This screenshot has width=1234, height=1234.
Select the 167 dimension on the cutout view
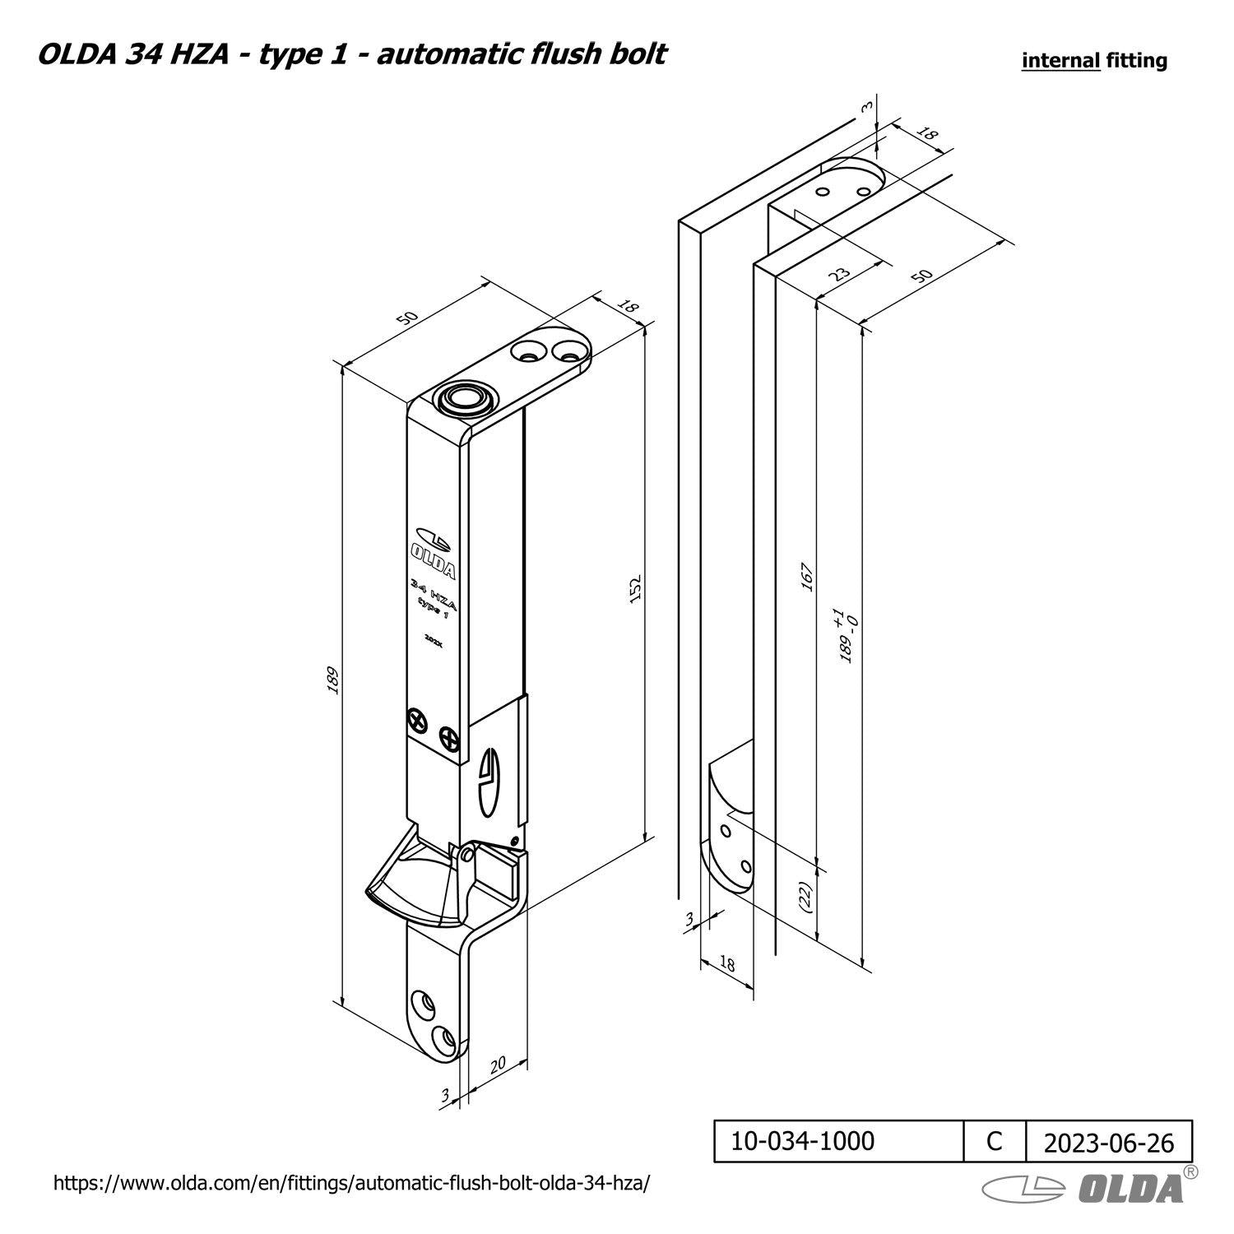807,577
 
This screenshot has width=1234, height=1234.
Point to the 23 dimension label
839,274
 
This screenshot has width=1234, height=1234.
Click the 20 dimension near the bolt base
497,1065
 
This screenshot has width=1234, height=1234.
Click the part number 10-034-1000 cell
839,1141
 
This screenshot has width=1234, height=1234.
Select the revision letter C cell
995,1141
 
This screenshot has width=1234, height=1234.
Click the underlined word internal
1060,60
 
